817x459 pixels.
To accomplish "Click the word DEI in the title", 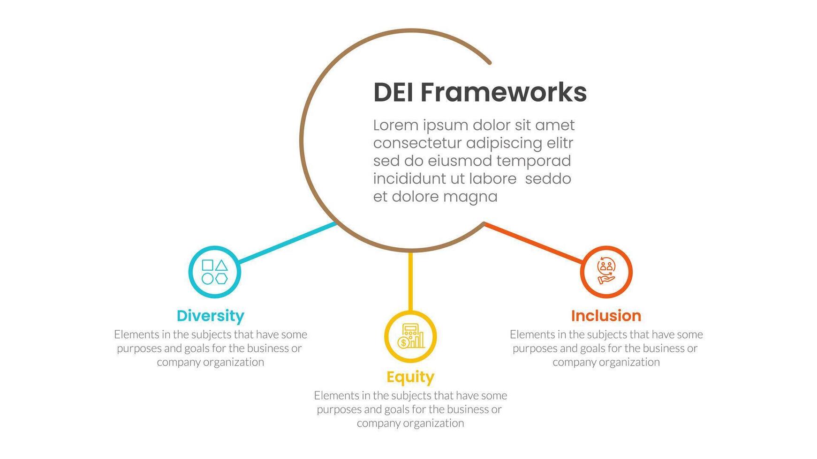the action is (x=393, y=92).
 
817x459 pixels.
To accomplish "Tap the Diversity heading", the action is (x=211, y=316).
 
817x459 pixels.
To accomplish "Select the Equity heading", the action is (x=410, y=378).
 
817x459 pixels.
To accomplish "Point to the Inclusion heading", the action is (x=606, y=316).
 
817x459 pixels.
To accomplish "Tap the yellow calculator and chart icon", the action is (x=410, y=336).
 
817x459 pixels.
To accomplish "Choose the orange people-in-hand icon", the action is (x=606, y=271).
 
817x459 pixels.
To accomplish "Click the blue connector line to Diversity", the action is (x=287, y=243).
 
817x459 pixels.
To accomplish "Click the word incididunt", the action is (x=410, y=179).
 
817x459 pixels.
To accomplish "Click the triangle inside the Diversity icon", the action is (x=221, y=266).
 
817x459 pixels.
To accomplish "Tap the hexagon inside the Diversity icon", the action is (x=221, y=279).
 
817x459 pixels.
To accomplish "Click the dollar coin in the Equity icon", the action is (x=403, y=343).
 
